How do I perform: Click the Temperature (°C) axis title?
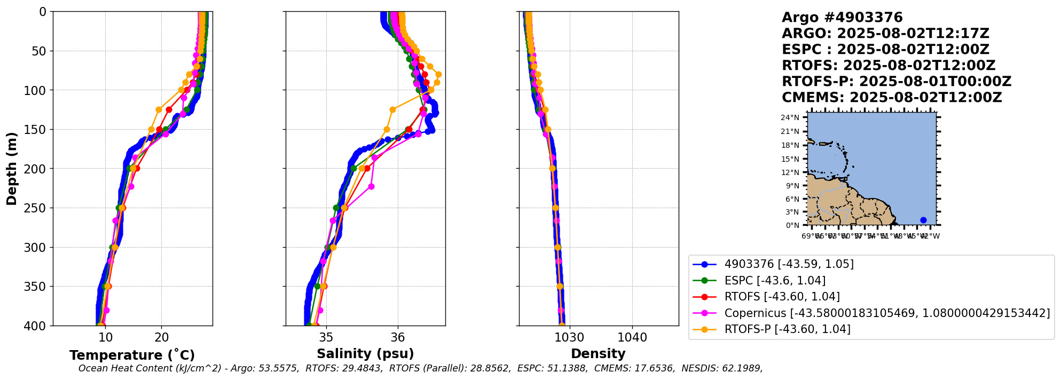[x=132, y=355]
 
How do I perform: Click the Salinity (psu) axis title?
[x=365, y=354]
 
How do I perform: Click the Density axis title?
[x=598, y=354]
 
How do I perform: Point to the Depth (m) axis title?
[x=12, y=169]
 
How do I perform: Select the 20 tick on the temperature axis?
[x=162, y=337]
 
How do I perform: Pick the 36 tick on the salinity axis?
[x=398, y=337]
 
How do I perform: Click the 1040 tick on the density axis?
[x=632, y=337]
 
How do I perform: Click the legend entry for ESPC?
[x=775, y=281]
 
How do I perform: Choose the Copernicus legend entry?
[x=886, y=313]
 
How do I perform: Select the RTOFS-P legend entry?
[x=787, y=329]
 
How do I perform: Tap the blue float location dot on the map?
[x=923, y=220]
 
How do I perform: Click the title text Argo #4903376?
[x=842, y=18]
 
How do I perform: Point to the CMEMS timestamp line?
[x=892, y=98]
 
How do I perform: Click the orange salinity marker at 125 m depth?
[x=392, y=109]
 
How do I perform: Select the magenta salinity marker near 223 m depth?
[x=372, y=186]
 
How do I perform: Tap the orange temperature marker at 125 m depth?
[x=159, y=109]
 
